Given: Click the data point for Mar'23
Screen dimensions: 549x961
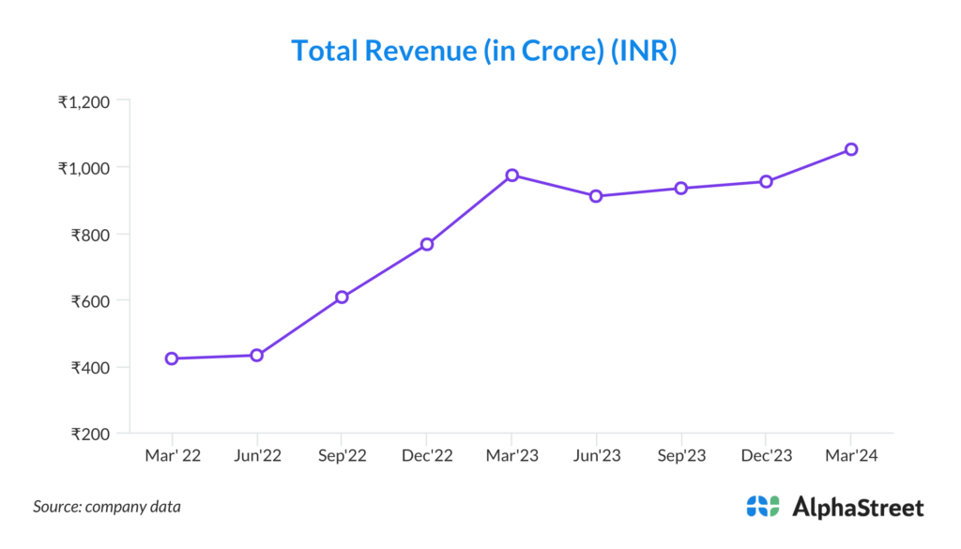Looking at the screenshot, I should (x=511, y=175).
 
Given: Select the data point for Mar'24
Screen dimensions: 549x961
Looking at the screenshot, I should (x=851, y=149).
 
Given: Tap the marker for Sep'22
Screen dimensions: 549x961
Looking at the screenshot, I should (x=342, y=297).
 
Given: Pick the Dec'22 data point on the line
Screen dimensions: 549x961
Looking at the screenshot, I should (x=427, y=244).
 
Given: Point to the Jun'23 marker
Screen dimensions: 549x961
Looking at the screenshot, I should (x=596, y=196).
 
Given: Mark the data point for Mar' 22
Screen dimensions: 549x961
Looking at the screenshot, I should (x=172, y=358).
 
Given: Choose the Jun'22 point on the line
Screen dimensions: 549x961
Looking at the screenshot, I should (x=256, y=355).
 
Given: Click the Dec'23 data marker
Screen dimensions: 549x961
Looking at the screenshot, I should (x=766, y=181).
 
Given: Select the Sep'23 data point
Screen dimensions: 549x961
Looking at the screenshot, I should (x=681, y=189).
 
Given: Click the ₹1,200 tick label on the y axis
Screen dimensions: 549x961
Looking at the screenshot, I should (x=84, y=101).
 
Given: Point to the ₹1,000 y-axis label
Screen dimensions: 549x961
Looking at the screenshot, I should (x=84, y=168).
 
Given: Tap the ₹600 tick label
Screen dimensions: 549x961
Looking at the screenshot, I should (x=91, y=301).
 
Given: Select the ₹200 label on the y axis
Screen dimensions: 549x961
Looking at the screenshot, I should (x=91, y=434).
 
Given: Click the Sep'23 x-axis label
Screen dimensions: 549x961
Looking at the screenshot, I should (x=681, y=456).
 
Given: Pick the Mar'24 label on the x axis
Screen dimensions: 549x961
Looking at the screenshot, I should (x=851, y=456).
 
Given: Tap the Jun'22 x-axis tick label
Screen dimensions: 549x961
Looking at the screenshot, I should (x=256, y=456).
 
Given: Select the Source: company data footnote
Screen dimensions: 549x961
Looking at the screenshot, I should (x=107, y=507).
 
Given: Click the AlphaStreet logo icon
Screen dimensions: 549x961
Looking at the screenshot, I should (x=763, y=507).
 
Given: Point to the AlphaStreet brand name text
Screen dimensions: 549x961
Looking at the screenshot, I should (x=858, y=508).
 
